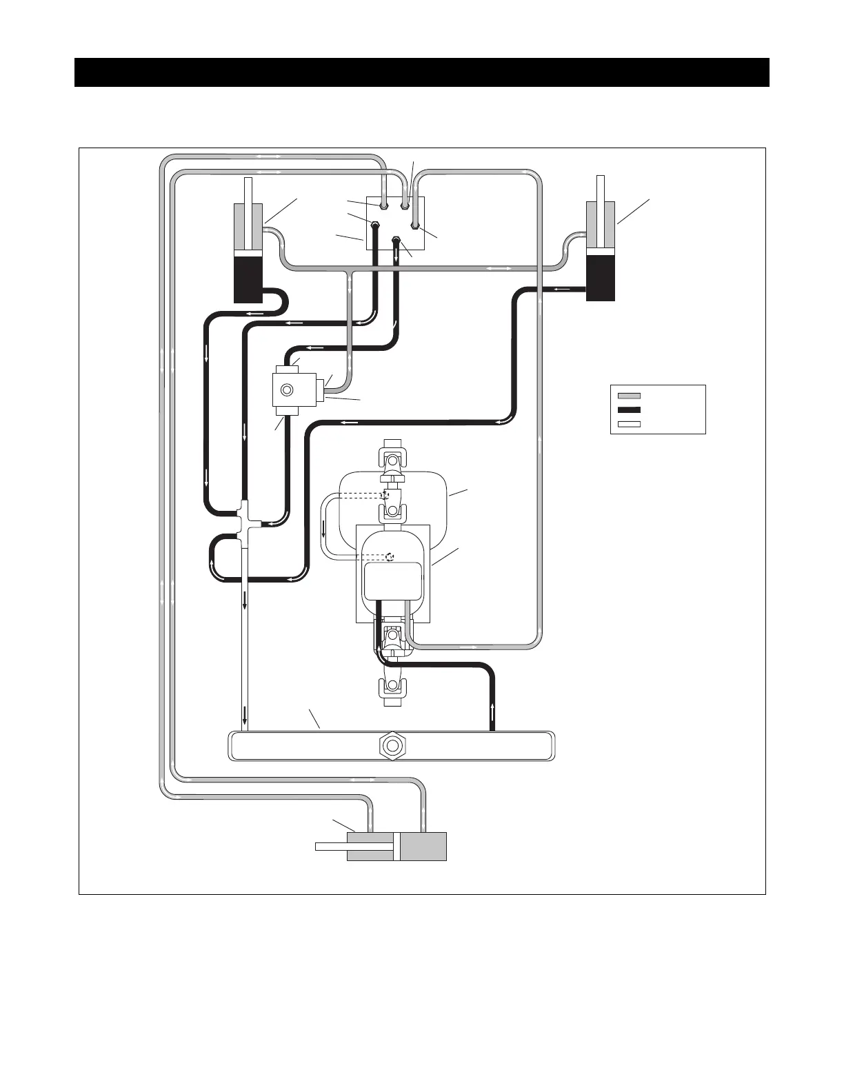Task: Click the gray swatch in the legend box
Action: click(629, 396)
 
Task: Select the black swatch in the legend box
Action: click(629, 410)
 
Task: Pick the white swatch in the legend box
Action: click(629, 424)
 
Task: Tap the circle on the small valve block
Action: click(285, 391)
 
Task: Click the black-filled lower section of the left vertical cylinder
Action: click(248, 279)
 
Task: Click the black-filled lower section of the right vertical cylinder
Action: click(600, 278)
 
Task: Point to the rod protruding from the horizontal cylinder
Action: click(330, 847)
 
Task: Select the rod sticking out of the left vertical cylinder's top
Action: click(248, 190)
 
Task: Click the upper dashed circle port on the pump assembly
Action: click(385, 494)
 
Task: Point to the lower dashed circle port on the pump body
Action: click(391, 556)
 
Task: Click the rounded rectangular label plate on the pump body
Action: click(392, 580)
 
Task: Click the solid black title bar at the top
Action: click(421, 72)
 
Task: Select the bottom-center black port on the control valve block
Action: click(396, 241)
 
